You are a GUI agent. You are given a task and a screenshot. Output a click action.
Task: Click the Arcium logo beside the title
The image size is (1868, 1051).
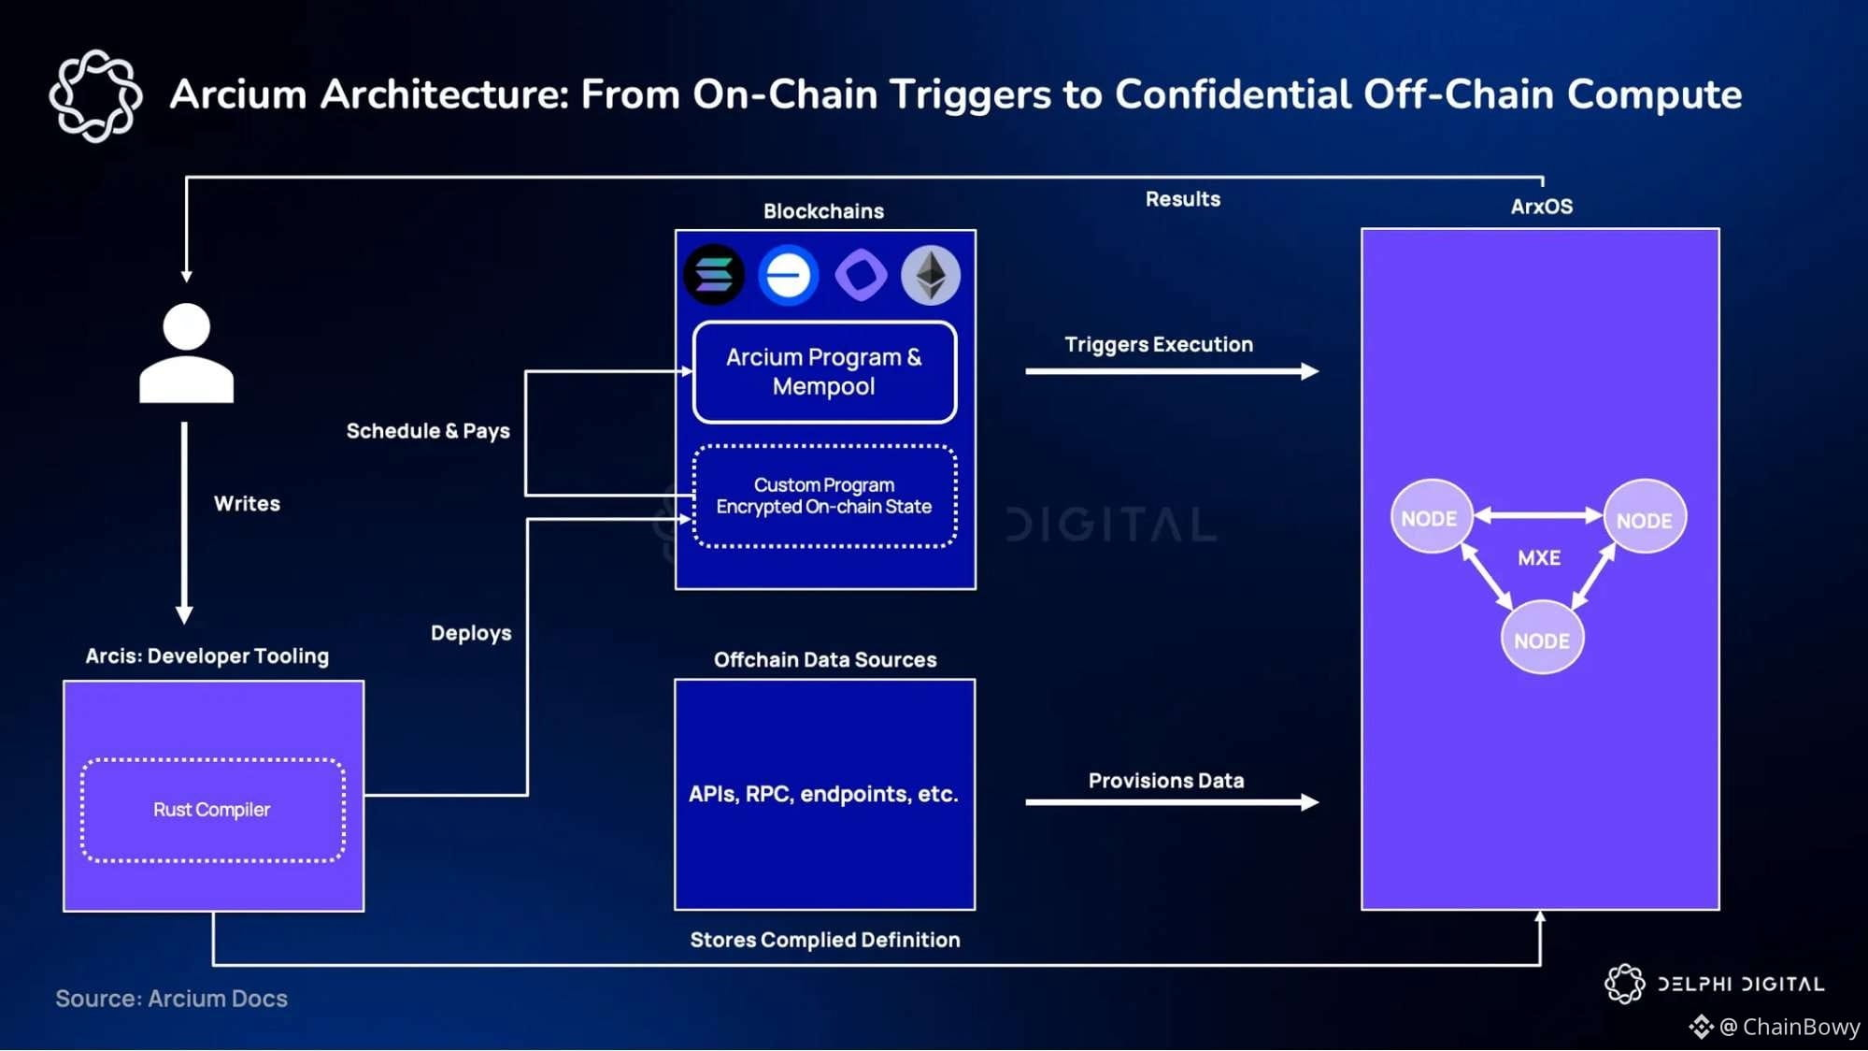tap(95, 95)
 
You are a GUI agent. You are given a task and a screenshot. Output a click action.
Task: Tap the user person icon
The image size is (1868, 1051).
tap(186, 353)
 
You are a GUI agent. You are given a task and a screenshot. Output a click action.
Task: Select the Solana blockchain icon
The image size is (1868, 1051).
tap(714, 275)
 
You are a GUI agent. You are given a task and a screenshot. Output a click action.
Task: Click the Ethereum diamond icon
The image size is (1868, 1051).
tap(931, 275)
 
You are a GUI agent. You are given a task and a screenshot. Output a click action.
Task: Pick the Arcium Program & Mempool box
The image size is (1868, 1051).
tap(824, 372)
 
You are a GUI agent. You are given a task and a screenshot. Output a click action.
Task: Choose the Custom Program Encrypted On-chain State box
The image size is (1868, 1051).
tap(824, 496)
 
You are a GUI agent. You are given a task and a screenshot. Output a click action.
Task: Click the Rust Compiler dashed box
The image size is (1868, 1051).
tap(213, 810)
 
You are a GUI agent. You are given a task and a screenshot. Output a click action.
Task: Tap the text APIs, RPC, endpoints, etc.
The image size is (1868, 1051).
tap(823, 794)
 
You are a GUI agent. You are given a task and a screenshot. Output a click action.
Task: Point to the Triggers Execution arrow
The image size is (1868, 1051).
tap(1172, 371)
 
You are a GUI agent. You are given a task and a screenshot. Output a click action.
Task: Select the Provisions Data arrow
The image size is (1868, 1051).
tap(1172, 801)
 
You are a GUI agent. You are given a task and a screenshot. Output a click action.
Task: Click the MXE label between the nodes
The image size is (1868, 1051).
tap(1539, 558)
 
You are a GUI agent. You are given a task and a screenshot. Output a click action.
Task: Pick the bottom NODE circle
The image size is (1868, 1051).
tap(1542, 640)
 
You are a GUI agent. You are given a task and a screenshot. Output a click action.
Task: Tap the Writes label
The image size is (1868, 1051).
tap(247, 504)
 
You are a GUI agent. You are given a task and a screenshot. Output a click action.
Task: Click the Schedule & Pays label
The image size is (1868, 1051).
tap(428, 431)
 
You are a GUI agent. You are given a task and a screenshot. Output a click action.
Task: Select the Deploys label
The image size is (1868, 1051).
tap(471, 633)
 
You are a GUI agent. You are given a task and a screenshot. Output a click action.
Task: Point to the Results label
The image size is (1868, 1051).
tap(1183, 199)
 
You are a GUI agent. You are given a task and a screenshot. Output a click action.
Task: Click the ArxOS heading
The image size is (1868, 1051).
tap(1542, 207)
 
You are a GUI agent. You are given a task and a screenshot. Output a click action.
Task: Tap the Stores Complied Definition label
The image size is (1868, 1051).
tap(825, 940)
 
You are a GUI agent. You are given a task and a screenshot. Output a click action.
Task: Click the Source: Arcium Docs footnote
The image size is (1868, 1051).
tap(172, 999)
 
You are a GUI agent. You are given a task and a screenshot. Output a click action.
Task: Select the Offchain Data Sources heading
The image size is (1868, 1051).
tap(825, 660)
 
